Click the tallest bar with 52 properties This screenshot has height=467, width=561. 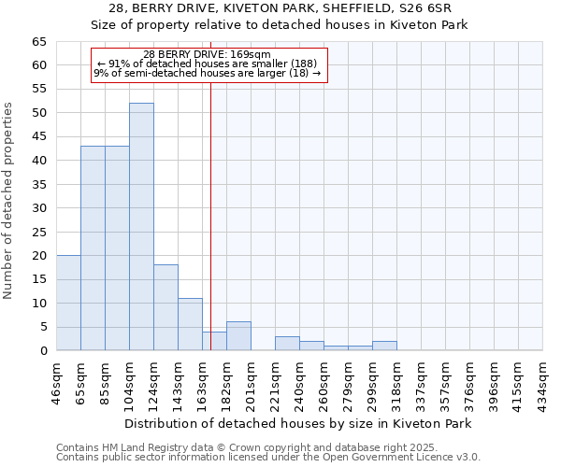[141, 227]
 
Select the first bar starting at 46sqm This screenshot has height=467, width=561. [68, 303]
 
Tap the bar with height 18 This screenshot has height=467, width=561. [165, 307]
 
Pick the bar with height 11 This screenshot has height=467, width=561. [190, 324]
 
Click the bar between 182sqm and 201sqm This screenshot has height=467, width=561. [238, 336]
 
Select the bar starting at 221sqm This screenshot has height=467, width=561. [287, 343]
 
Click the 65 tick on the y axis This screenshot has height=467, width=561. [39, 42]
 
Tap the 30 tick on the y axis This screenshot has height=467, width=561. [39, 208]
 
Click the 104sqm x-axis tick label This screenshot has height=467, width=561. [129, 380]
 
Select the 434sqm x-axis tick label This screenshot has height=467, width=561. [542, 380]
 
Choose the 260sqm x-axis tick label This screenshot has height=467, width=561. [324, 380]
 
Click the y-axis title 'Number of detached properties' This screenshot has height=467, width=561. [9, 201]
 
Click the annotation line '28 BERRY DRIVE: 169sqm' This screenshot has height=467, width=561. [207, 54]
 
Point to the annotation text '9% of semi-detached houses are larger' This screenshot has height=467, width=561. [207, 74]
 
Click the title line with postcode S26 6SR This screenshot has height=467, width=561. [280, 8]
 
